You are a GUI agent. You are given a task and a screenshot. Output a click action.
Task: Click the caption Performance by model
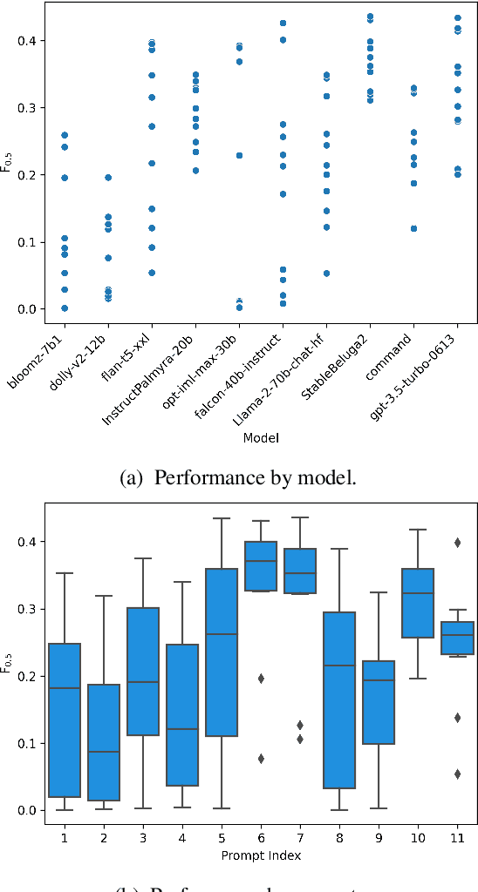coord(238,478)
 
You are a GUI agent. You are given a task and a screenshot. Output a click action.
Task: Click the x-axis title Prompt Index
coord(261,855)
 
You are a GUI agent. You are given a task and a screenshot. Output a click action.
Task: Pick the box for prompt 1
coord(65,720)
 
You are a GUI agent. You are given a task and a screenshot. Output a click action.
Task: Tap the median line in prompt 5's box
coord(222,634)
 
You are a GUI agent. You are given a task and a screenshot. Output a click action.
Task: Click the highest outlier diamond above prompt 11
coord(456,542)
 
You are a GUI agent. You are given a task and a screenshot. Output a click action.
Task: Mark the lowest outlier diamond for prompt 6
coord(261,759)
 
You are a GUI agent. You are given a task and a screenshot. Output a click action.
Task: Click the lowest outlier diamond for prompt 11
coord(456,774)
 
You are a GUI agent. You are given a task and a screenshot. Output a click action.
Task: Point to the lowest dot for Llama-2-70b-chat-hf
coord(326,273)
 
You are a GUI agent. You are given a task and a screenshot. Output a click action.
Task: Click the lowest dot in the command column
coord(413,228)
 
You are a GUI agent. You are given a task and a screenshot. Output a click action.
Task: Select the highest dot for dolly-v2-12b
coord(108,178)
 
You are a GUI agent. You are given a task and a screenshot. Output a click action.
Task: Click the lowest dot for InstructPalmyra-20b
coord(195,171)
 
